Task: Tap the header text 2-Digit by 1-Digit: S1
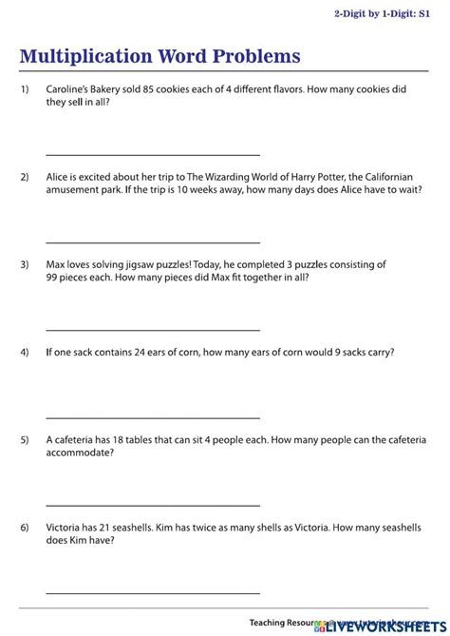point(388,13)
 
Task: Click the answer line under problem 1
point(152,154)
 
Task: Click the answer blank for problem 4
point(152,416)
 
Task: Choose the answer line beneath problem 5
point(152,504)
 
